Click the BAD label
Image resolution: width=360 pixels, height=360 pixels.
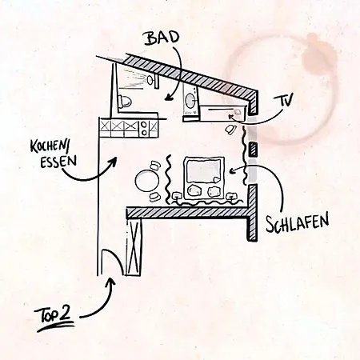pos(162,38)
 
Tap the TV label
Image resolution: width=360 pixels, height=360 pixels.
pos(283,100)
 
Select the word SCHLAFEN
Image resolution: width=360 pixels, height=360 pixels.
pos(298,223)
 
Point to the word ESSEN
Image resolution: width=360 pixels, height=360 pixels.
pos(58,161)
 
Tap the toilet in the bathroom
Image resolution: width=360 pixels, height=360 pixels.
pos(125,101)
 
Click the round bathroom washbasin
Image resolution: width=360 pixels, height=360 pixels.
pos(190,101)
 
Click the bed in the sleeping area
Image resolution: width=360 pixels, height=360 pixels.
pos(204,178)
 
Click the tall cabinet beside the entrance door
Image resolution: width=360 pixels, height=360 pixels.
pos(134,247)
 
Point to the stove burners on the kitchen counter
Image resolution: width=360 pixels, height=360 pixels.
pos(144,128)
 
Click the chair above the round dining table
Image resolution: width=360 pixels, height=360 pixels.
pos(155,165)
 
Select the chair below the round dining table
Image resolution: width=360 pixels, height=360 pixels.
pos(154,197)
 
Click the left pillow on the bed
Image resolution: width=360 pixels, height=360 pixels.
pos(194,191)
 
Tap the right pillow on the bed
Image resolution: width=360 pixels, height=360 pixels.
pos(214,191)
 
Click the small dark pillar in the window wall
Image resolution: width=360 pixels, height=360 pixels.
pos(254,150)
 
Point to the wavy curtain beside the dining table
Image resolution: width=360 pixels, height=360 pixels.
pos(168,179)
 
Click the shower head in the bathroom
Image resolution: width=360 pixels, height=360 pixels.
pos(150,80)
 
